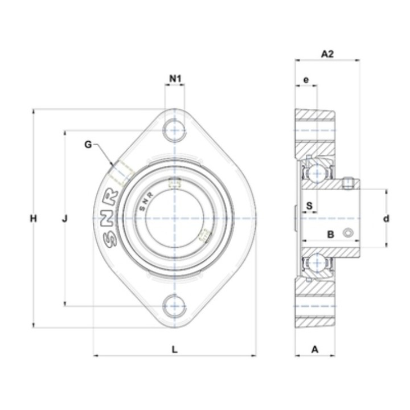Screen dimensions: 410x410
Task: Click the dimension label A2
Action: point(327,54)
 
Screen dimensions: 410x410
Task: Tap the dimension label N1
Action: point(175,78)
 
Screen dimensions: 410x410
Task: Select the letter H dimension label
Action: point(33,218)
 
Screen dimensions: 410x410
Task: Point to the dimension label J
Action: point(64,218)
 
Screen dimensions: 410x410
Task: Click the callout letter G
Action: point(88,144)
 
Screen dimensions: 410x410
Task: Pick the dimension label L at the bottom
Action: point(174,349)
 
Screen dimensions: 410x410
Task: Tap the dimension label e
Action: point(306,80)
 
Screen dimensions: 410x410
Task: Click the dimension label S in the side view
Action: point(309,206)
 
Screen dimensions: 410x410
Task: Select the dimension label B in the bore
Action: point(331,234)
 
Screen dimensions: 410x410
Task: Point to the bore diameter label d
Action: point(386,218)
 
